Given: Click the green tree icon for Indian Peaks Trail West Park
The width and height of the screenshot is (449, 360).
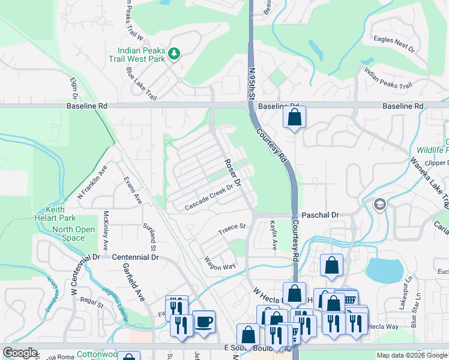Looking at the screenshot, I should coord(174,55).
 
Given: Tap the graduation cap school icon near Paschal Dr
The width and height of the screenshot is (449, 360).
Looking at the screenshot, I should coord(379,205).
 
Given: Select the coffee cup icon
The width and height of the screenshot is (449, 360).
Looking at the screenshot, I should coord(203,322).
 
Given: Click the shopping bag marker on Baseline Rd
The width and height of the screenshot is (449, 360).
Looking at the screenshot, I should coord(294,118).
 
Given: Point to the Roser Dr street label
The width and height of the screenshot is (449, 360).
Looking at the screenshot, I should coord(232,172).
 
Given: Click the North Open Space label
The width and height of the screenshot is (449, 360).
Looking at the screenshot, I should coord(73,233).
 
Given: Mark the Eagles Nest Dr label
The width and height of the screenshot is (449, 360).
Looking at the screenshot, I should coord(393,43).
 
